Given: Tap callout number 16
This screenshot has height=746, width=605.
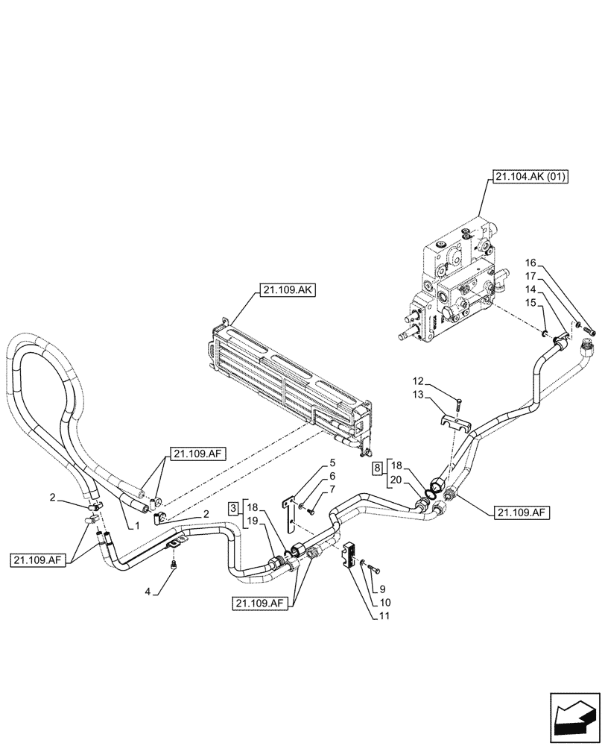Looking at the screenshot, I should (530, 263).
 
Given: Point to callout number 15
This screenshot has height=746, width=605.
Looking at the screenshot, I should (530, 301).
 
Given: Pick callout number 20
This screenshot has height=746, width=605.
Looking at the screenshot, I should (396, 480).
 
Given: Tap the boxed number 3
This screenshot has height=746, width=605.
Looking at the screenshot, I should (233, 508).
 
